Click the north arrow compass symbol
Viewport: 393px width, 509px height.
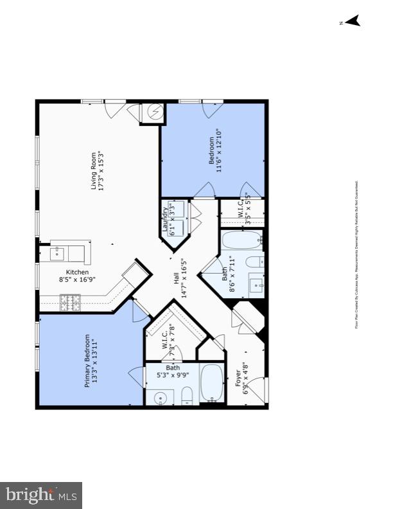(351, 21)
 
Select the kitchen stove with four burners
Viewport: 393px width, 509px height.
(69, 301)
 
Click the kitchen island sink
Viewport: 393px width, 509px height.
(56, 253)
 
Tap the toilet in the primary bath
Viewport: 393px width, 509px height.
(186, 396)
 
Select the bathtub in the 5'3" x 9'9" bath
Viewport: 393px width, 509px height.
(211, 383)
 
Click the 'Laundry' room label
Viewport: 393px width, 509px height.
(166, 219)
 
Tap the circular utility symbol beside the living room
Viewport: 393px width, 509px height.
(155, 113)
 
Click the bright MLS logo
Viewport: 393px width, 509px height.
(41, 494)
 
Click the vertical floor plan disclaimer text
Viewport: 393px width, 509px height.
(356, 254)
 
